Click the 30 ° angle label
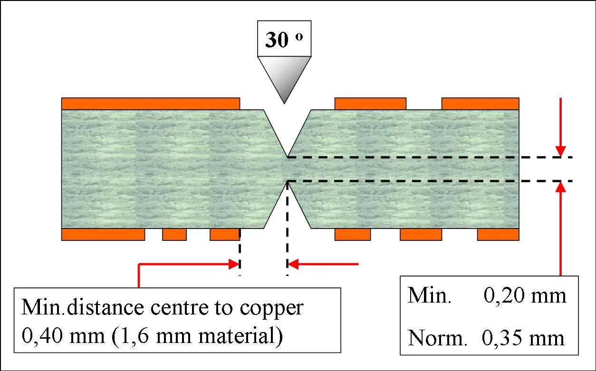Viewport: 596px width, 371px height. coord(284,39)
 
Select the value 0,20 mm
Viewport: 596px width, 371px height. coord(525,296)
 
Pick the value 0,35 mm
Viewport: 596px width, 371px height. coord(523,338)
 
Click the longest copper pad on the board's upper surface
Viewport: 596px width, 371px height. coord(150,104)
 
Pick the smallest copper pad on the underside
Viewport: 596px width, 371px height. coord(174,235)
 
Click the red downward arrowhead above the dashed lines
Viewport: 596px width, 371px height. coord(561,151)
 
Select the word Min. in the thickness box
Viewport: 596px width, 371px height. coord(429,296)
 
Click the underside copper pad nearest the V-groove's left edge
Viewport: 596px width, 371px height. coord(224,235)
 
